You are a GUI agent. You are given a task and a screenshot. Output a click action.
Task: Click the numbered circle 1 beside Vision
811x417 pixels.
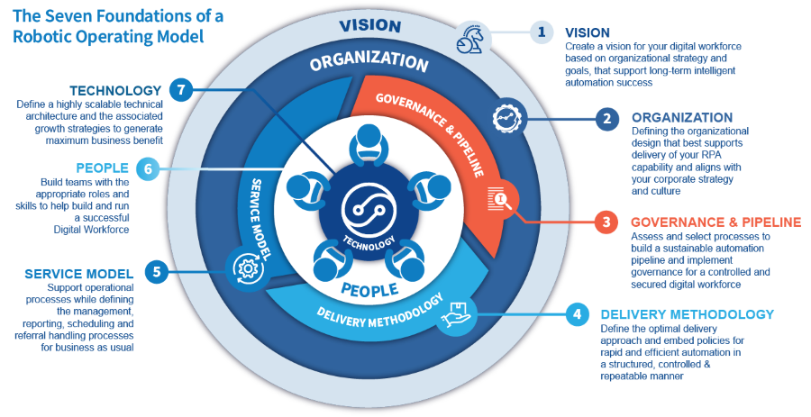pyautogui.click(x=541, y=33)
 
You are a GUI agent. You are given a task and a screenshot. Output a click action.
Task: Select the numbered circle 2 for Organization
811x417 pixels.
pyautogui.click(x=606, y=119)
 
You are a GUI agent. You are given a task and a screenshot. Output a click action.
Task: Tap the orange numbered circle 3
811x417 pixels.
pyautogui.click(x=606, y=221)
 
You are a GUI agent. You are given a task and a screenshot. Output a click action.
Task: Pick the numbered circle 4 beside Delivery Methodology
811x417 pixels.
pyautogui.click(x=576, y=315)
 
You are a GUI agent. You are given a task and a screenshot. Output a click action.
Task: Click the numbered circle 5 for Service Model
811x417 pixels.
pyautogui.click(x=157, y=271)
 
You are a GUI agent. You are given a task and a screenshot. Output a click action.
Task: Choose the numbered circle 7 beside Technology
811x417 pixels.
pyautogui.click(x=181, y=90)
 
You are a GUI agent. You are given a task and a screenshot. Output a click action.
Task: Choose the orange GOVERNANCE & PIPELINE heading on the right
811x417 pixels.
pyautogui.click(x=715, y=222)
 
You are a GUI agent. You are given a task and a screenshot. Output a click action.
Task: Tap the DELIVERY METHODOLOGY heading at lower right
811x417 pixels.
pyautogui.click(x=687, y=314)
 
